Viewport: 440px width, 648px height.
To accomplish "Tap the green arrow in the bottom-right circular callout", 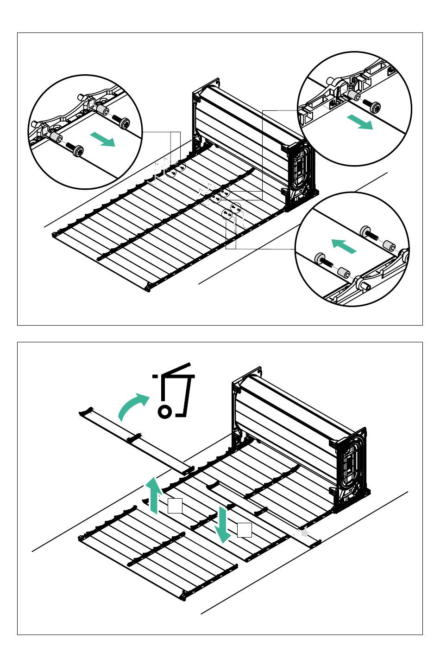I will [x=344, y=246].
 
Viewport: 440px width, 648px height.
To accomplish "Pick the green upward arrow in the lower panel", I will [x=154, y=496].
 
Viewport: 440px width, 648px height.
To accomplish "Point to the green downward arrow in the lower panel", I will [x=223, y=525].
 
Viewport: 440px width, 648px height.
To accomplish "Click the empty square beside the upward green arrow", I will [x=175, y=506].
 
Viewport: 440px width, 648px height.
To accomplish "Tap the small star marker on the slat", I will [x=304, y=533].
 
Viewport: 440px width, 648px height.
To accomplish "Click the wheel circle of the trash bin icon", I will [x=164, y=411].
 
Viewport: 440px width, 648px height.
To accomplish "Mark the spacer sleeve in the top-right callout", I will [x=354, y=96].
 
